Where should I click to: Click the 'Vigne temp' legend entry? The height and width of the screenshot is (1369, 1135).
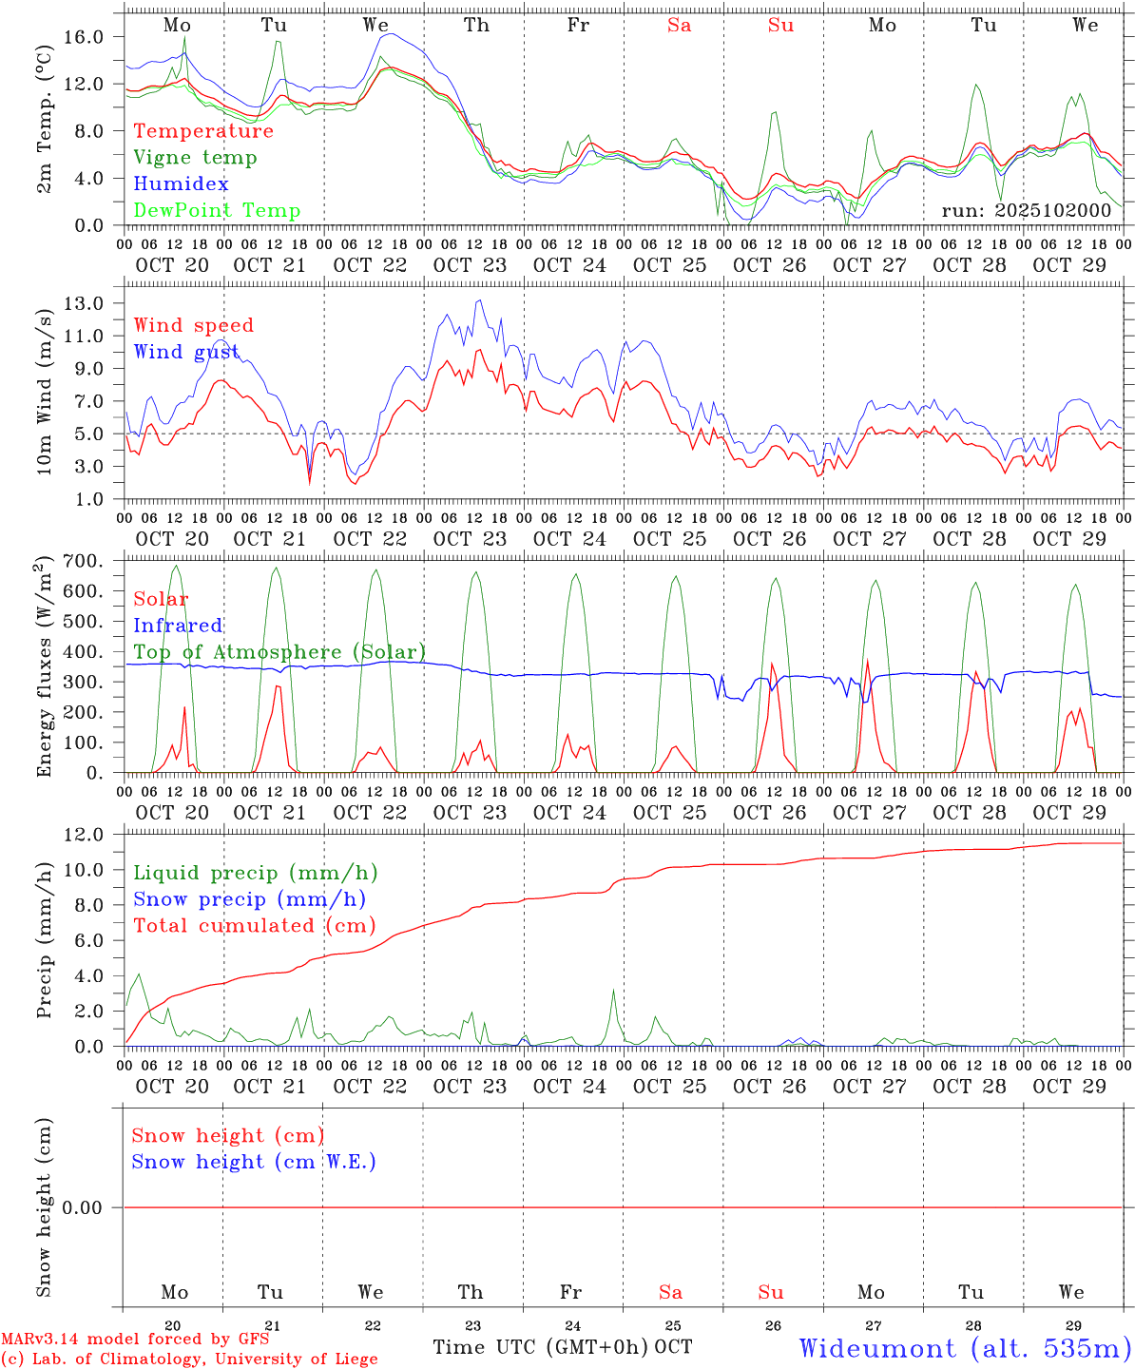pos(195,158)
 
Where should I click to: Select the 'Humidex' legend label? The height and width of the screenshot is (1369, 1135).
pos(181,184)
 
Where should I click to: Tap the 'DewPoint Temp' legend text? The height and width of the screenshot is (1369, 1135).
pos(217,211)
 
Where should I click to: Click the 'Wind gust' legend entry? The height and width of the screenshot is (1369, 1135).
pos(186,352)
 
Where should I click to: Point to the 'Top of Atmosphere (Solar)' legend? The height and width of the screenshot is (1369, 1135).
pos(279,652)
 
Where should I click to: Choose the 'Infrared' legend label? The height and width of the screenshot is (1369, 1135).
pos(178,626)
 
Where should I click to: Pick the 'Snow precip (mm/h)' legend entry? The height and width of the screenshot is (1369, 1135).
pos(249,899)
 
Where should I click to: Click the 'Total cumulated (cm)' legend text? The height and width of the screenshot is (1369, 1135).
pos(255,926)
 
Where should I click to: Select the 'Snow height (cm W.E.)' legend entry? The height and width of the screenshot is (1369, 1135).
pos(254,1162)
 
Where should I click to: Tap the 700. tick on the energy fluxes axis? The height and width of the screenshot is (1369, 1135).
pos(94,561)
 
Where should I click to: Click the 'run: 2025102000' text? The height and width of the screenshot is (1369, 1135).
pos(1026,210)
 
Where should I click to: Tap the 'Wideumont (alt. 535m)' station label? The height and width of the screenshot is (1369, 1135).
pos(964,1348)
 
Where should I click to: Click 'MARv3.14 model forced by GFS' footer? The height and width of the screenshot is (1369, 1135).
pos(135,1340)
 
